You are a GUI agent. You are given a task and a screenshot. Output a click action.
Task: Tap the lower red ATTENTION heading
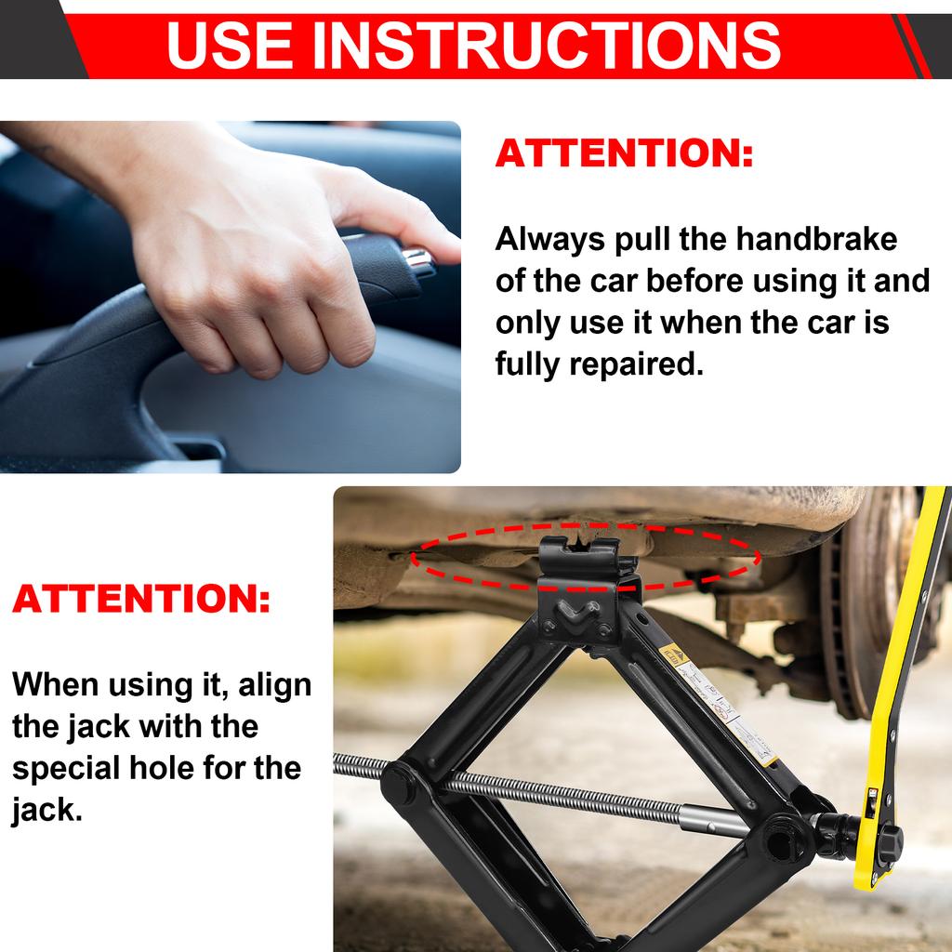coord(141,600)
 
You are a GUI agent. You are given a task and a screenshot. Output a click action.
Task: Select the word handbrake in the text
coord(817,239)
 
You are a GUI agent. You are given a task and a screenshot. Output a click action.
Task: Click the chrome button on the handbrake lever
coord(420,260)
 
